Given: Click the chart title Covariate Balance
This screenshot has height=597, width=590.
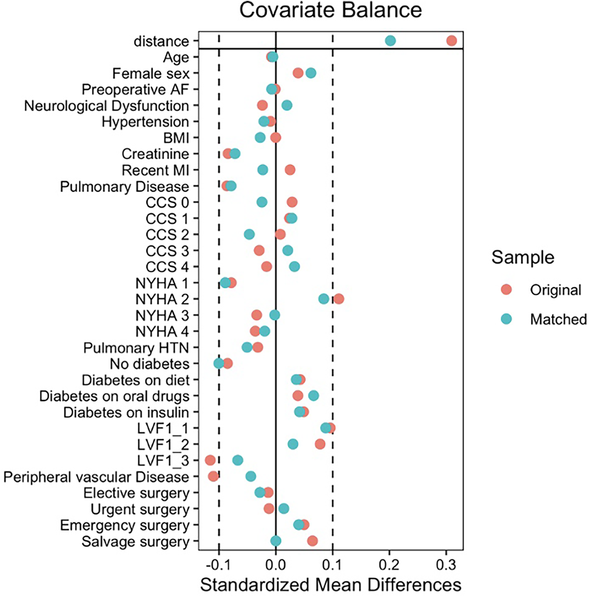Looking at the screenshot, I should pyautogui.click(x=330, y=10).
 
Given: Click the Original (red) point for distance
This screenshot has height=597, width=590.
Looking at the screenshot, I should pyautogui.click(x=451, y=41).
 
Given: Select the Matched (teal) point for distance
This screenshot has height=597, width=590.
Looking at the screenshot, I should pyautogui.click(x=390, y=41).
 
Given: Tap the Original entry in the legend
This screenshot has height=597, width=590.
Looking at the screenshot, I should pyautogui.click(x=555, y=290).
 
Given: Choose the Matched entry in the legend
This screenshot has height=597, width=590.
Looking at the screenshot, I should pyautogui.click(x=558, y=319).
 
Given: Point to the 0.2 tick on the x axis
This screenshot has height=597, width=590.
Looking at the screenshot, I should pyautogui.click(x=389, y=565).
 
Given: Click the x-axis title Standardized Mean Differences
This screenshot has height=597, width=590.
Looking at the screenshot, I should pyautogui.click(x=330, y=585).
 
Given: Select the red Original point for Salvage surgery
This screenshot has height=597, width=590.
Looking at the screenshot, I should pyautogui.click(x=312, y=541).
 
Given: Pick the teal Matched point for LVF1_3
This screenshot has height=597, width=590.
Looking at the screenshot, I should pyautogui.click(x=238, y=460).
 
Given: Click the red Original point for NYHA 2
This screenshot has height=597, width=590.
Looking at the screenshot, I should pyautogui.click(x=338, y=299).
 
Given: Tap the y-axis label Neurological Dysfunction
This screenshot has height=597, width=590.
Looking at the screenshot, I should pyautogui.click(x=106, y=106).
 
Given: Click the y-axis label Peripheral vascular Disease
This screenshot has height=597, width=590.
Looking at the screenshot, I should pyautogui.click(x=96, y=477).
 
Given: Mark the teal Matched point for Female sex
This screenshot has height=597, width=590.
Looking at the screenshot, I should pyautogui.click(x=311, y=73).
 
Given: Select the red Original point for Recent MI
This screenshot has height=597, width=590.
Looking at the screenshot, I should pyautogui.click(x=290, y=170).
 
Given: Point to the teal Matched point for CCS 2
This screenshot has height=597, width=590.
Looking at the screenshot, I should pyautogui.click(x=249, y=234).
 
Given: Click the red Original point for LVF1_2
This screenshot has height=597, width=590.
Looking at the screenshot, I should pyautogui.click(x=320, y=444).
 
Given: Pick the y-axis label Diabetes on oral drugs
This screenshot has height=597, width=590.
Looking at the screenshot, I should pyautogui.click(x=114, y=396).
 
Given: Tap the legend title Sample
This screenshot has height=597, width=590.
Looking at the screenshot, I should pyautogui.click(x=523, y=257).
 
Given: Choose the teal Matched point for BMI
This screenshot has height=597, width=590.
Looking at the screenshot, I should pyautogui.click(x=260, y=138).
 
